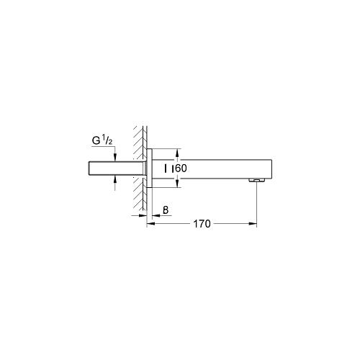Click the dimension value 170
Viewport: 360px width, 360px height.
point(202,225)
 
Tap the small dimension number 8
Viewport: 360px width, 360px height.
point(166,210)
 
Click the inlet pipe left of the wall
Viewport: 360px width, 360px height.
point(101,168)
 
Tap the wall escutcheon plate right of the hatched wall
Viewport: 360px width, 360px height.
point(149,168)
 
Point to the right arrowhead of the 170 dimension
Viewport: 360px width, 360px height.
point(254,225)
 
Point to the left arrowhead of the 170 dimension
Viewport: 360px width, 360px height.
point(150,225)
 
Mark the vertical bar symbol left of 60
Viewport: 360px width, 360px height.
point(167,168)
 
